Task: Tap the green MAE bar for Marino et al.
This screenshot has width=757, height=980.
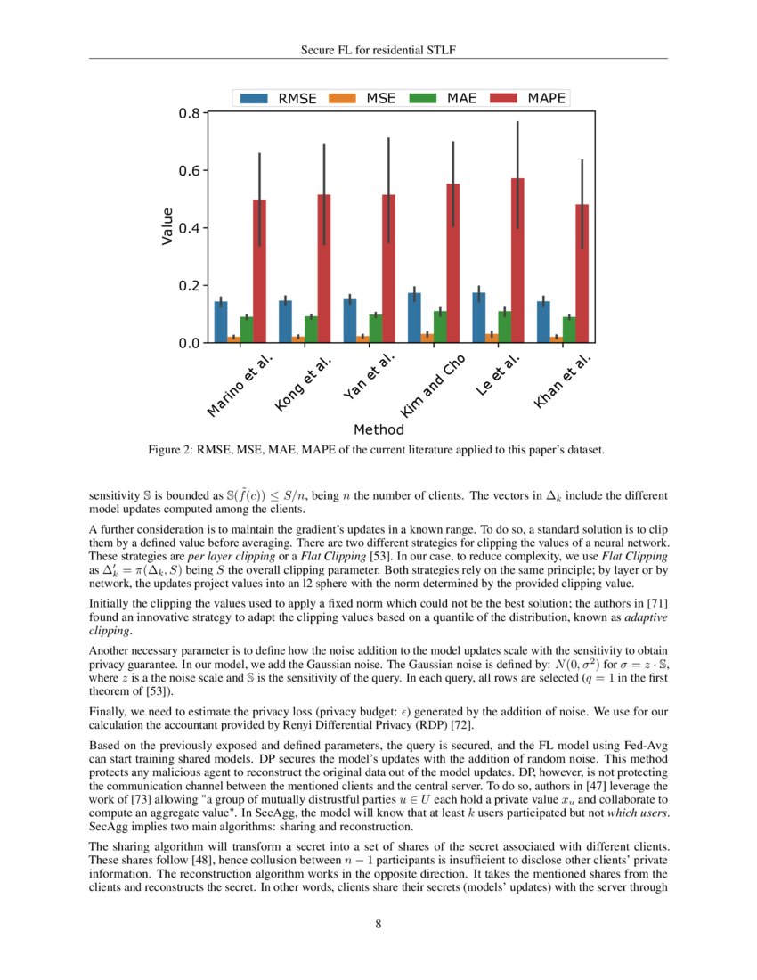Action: (247, 330)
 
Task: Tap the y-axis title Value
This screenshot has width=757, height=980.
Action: (167, 228)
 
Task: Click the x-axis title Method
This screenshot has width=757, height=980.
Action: (378, 429)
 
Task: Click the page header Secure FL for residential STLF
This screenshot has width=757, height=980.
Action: (378, 50)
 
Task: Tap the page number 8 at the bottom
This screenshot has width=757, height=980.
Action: (378, 924)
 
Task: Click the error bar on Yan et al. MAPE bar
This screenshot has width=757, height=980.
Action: (388, 178)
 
